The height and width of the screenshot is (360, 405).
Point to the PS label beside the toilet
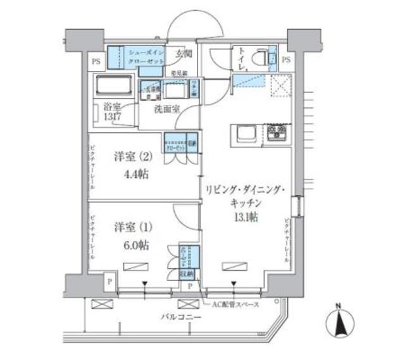285,61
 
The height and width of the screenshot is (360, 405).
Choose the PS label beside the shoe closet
96,61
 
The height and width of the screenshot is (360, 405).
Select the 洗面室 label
166,109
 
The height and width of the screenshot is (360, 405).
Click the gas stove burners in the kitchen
277,133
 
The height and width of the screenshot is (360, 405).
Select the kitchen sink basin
246,134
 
